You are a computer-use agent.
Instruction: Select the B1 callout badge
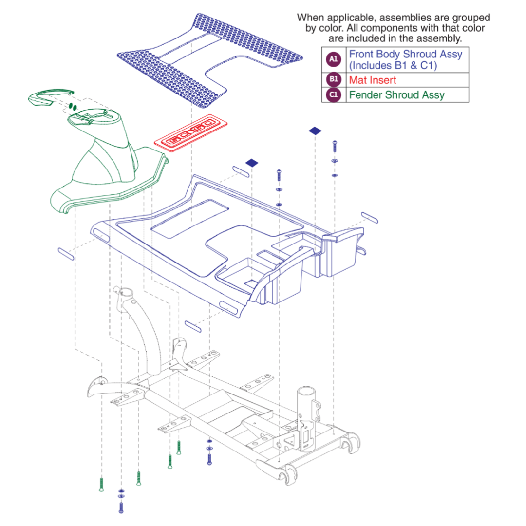(x=333, y=79)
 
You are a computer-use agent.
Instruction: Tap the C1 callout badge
(x=333, y=94)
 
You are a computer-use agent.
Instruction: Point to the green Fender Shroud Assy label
(x=396, y=95)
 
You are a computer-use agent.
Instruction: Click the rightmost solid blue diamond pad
(x=315, y=131)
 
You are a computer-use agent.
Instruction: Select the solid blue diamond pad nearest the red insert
(x=252, y=163)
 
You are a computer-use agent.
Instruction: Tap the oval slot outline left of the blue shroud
(x=66, y=254)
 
